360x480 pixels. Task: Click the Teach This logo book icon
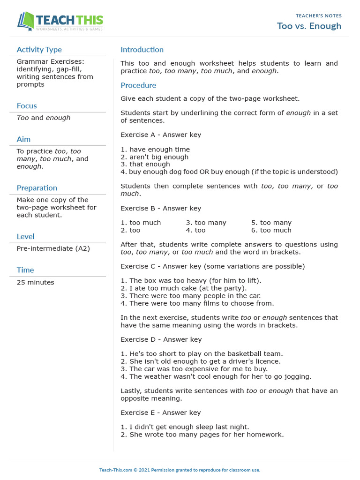(x=26, y=22)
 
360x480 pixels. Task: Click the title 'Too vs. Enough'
(x=309, y=26)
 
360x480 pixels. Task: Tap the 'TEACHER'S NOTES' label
(x=318, y=15)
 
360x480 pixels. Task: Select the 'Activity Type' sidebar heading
(x=39, y=50)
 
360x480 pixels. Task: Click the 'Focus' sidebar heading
(x=27, y=106)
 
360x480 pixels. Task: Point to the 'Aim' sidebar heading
(x=23, y=139)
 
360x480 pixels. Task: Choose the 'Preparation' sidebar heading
(x=37, y=188)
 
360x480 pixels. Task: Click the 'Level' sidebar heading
(x=25, y=237)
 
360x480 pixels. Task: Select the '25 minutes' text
(x=35, y=282)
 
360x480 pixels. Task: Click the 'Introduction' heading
(x=142, y=50)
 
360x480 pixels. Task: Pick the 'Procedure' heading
(x=138, y=85)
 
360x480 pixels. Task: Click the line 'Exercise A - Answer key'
(x=161, y=135)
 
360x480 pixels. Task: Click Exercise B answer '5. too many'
(x=271, y=223)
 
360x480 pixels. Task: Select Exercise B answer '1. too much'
(x=141, y=223)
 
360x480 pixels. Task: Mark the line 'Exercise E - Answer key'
(x=161, y=412)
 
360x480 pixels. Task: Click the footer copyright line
(x=180, y=470)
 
